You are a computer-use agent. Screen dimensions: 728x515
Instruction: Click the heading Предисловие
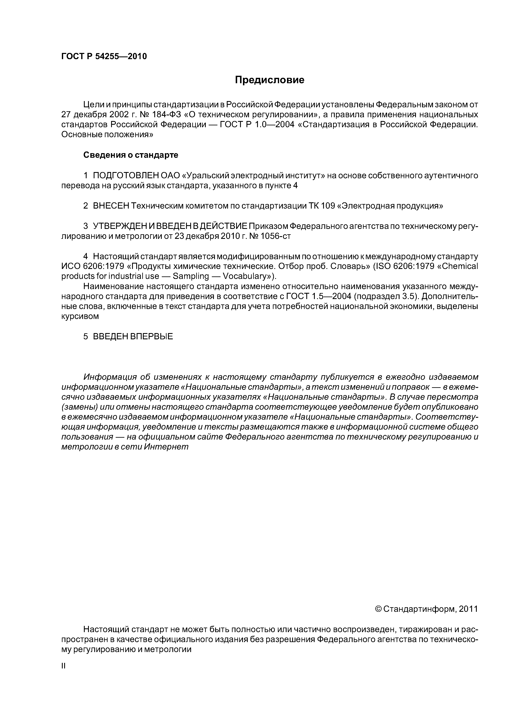[x=269, y=80]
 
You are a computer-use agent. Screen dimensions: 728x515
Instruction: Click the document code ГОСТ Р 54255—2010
[x=104, y=56]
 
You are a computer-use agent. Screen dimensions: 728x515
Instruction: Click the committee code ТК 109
[x=322, y=206]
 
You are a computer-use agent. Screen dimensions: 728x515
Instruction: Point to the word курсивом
[x=80, y=316]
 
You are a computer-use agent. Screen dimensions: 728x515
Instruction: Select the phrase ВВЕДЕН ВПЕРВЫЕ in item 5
[x=133, y=336]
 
